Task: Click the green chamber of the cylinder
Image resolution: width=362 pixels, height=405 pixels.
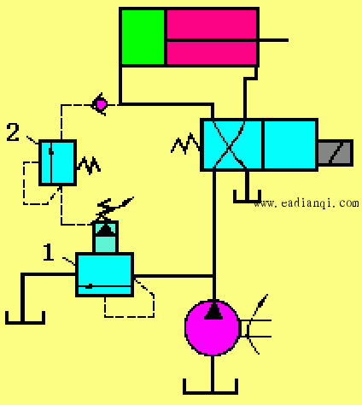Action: (x=143, y=38)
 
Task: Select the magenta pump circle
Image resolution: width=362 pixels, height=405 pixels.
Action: (x=213, y=328)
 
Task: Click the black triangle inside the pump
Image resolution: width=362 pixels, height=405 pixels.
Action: (x=213, y=311)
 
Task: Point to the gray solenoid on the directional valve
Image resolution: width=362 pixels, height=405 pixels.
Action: (x=336, y=153)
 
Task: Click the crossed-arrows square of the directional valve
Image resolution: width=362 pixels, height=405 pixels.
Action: (x=231, y=144)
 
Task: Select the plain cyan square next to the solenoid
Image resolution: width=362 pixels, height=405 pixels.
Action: (x=290, y=144)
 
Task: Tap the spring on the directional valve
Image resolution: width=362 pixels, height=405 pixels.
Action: (x=185, y=144)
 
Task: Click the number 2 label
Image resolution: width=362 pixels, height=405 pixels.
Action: (x=13, y=132)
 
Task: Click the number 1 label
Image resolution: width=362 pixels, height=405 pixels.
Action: (x=49, y=252)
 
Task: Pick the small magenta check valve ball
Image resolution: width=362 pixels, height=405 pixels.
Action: (x=101, y=105)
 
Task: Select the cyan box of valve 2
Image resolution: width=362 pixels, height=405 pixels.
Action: (x=57, y=162)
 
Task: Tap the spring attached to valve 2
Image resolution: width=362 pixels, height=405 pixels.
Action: (x=89, y=166)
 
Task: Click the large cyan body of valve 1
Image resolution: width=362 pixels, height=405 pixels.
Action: (x=104, y=274)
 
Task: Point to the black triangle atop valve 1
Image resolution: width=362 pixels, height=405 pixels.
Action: (x=105, y=230)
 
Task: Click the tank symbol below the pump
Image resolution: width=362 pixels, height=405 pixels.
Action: (x=210, y=387)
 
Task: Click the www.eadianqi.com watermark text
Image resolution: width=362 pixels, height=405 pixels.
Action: (x=307, y=203)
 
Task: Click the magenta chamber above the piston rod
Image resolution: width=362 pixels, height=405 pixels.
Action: (x=212, y=24)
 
